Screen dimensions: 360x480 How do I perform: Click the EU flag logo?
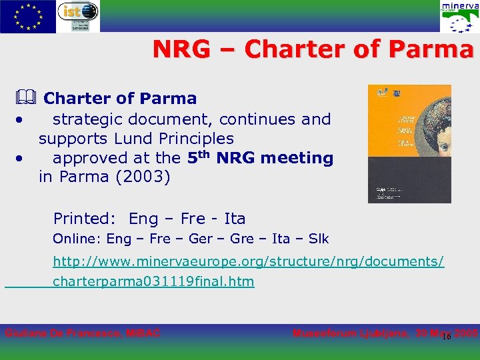pos(28,17)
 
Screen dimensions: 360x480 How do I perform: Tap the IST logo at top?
pos(78,16)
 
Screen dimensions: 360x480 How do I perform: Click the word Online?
pos(77,239)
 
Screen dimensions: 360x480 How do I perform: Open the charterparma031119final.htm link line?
pos(153,281)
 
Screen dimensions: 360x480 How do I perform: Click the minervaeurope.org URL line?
pos(248,261)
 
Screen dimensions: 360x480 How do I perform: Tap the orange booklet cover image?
pos(409,143)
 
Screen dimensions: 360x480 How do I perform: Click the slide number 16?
pos(447,337)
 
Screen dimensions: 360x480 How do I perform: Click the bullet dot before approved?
pos(22,159)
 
